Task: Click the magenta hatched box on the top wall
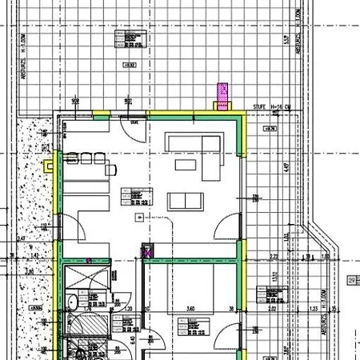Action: point(222,96)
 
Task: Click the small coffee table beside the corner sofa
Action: point(186,164)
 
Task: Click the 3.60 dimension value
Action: point(190,308)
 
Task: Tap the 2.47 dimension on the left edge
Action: point(22,238)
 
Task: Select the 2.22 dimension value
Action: point(273,257)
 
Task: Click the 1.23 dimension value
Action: point(314,308)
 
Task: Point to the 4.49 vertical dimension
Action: point(285,168)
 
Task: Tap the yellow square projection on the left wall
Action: point(49,166)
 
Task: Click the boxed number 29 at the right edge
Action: point(351,280)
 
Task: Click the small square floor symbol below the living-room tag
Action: point(140,217)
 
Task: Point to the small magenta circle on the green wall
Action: point(90,260)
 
